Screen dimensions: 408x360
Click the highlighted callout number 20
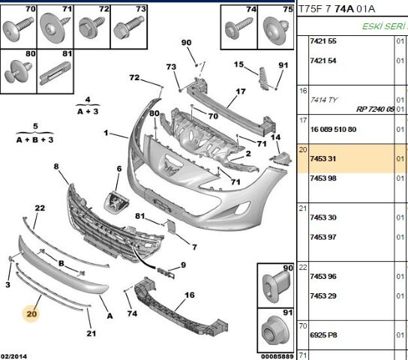(31, 313)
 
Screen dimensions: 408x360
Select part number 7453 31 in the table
(323, 158)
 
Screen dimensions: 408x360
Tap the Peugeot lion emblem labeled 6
(116, 202)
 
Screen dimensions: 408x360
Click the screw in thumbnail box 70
(18, 28)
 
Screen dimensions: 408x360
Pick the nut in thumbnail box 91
(274, 331)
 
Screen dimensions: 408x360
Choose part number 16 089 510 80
(333, 129)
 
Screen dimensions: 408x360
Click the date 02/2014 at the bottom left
(13, 356)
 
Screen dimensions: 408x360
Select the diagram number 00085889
(277, 356)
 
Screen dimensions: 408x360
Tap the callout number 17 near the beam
(241, 91)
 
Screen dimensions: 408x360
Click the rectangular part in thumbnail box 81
(55, 73)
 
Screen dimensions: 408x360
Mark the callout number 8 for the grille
(56, 166)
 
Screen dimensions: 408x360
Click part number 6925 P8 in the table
(323, 334)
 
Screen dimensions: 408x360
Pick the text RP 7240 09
(375, 109)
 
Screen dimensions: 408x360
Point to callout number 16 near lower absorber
(190, 295)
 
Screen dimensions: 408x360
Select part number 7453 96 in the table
(323, 276)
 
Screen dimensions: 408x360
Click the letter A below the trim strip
(109, 316)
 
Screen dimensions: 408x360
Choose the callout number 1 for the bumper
(106, 133)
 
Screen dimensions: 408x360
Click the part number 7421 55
(323, 40)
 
